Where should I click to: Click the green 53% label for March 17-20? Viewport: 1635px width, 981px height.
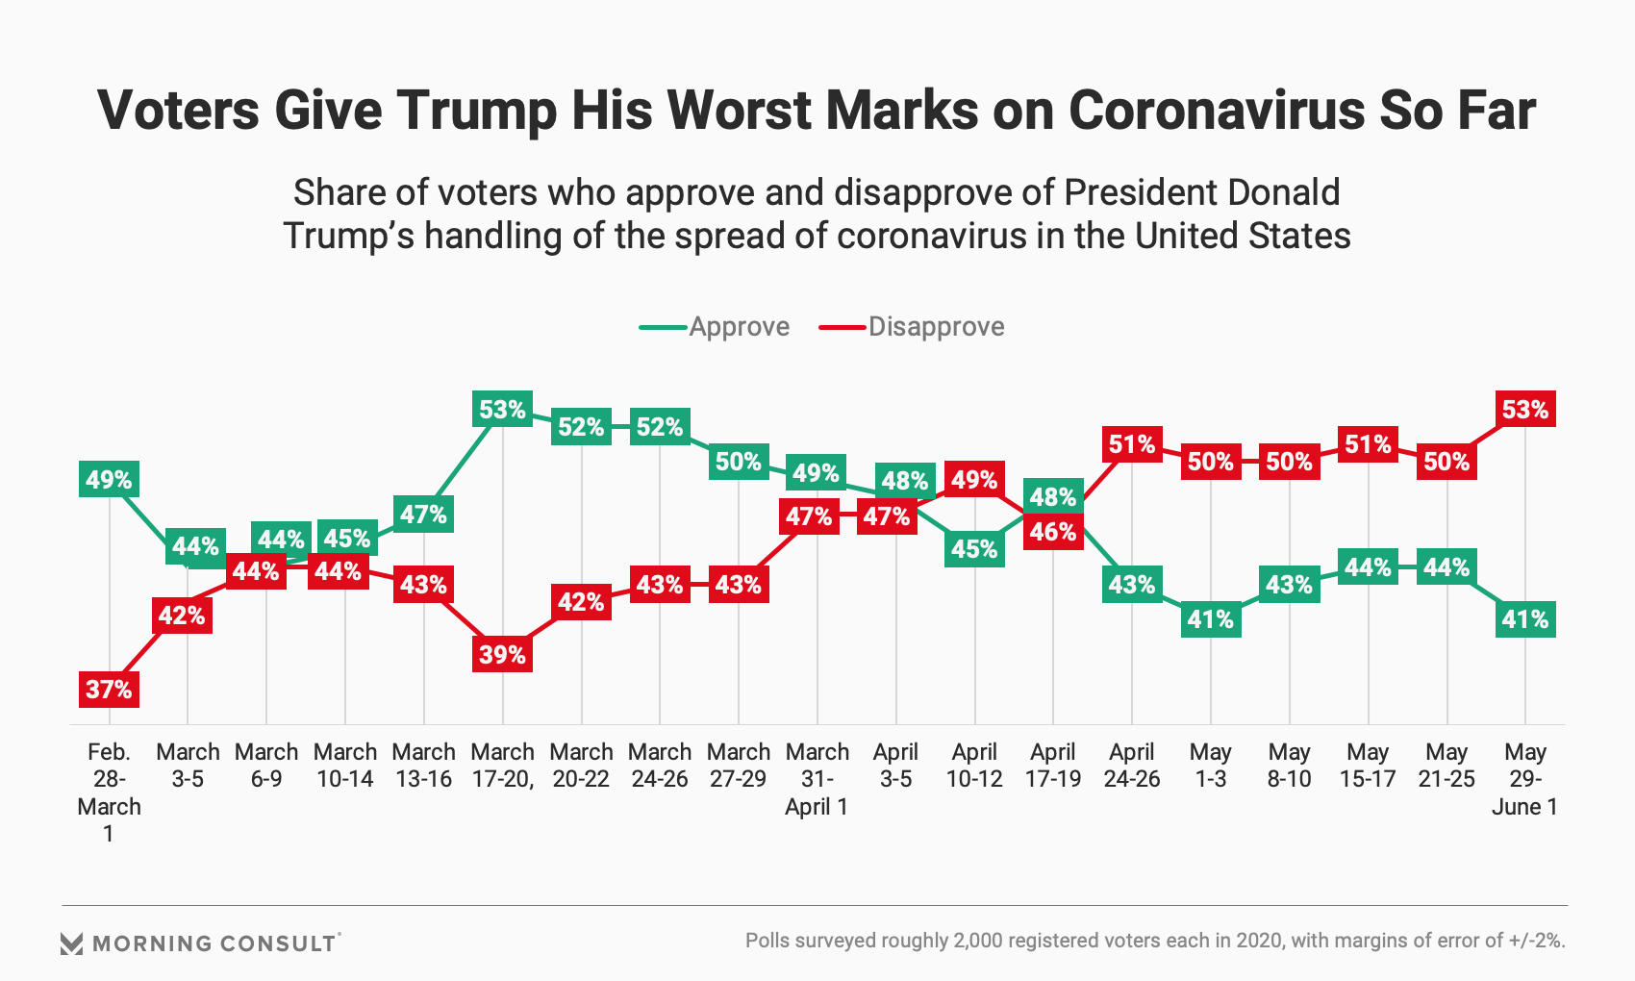[502, 410]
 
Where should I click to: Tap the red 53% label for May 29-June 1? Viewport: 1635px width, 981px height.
[1524, 410]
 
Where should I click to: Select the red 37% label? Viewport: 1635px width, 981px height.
[109, 689]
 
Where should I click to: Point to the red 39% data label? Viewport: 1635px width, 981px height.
[502, 654]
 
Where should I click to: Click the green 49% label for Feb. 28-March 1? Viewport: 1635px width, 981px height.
[109, 479]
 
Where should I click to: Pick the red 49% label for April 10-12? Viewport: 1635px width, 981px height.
[974, 479]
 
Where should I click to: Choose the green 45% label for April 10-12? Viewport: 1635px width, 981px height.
[974, 549]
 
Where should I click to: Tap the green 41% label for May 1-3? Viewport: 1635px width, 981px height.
[1210, 619]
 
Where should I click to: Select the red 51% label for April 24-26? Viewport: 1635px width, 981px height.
[1131, 444]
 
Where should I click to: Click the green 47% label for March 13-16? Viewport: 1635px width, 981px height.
[423, 515]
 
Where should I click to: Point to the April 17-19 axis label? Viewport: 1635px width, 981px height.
[1052, 766]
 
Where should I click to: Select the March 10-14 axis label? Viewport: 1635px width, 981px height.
[344, 766]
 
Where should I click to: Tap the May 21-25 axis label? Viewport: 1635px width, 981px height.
[1446, 766]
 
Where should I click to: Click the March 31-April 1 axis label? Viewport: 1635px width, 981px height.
[817, 779]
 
